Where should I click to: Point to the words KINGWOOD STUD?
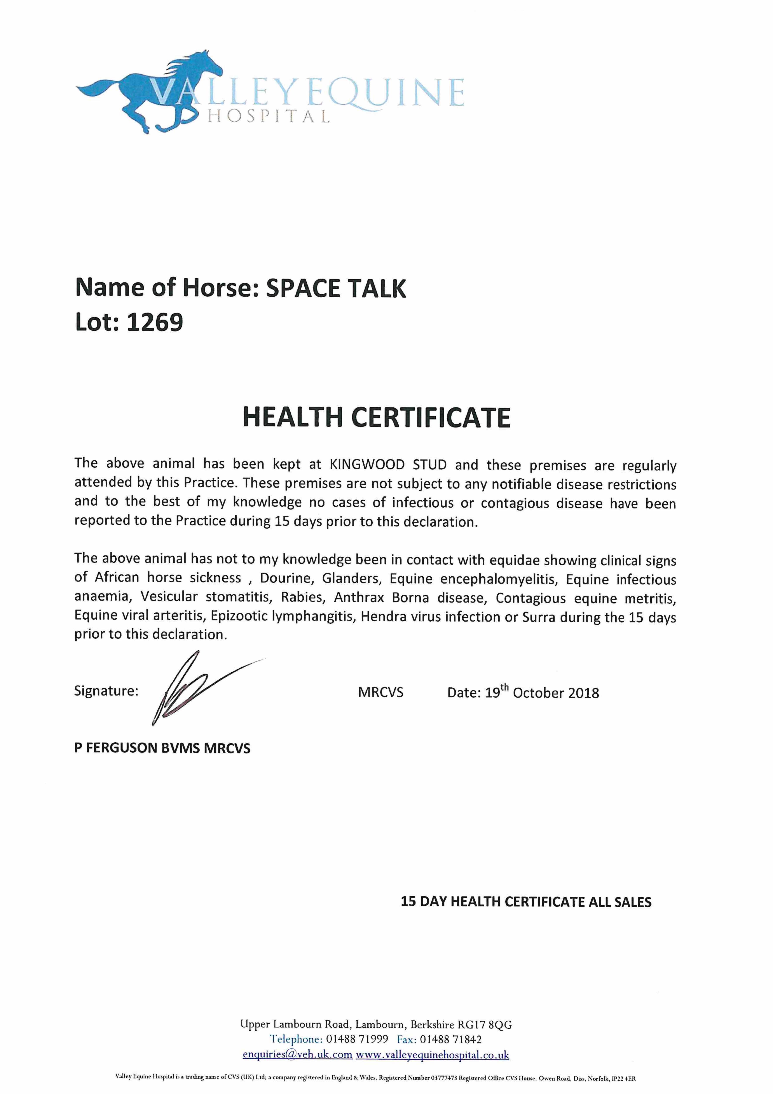[x=388, y=465]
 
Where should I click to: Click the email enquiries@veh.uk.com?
[x=297, y=1054]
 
